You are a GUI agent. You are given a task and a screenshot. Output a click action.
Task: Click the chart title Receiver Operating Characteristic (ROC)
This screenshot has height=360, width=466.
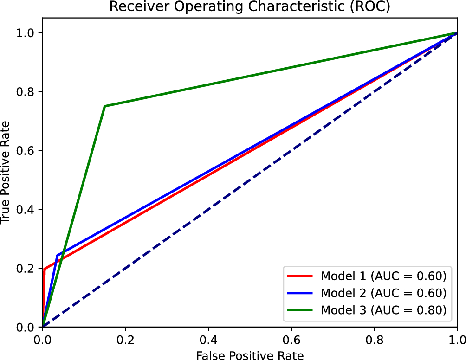tap(250, 7)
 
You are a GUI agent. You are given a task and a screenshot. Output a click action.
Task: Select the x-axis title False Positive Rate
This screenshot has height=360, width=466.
tap(250, 355)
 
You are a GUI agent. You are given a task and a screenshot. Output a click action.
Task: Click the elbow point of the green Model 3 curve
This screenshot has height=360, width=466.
tap(105, 106)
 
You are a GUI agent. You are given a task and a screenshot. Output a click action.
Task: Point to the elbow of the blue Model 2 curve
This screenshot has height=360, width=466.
tap(57, 255)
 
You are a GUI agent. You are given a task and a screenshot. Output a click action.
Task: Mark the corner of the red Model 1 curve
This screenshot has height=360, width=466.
tap(44, 269)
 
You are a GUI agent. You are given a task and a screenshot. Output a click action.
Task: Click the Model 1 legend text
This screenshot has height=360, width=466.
tap(383, 276)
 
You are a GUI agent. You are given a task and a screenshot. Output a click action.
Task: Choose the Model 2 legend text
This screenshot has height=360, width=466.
tap(383, 293)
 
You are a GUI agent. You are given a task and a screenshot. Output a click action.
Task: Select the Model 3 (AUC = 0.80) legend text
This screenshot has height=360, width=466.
tap(383, 310)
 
